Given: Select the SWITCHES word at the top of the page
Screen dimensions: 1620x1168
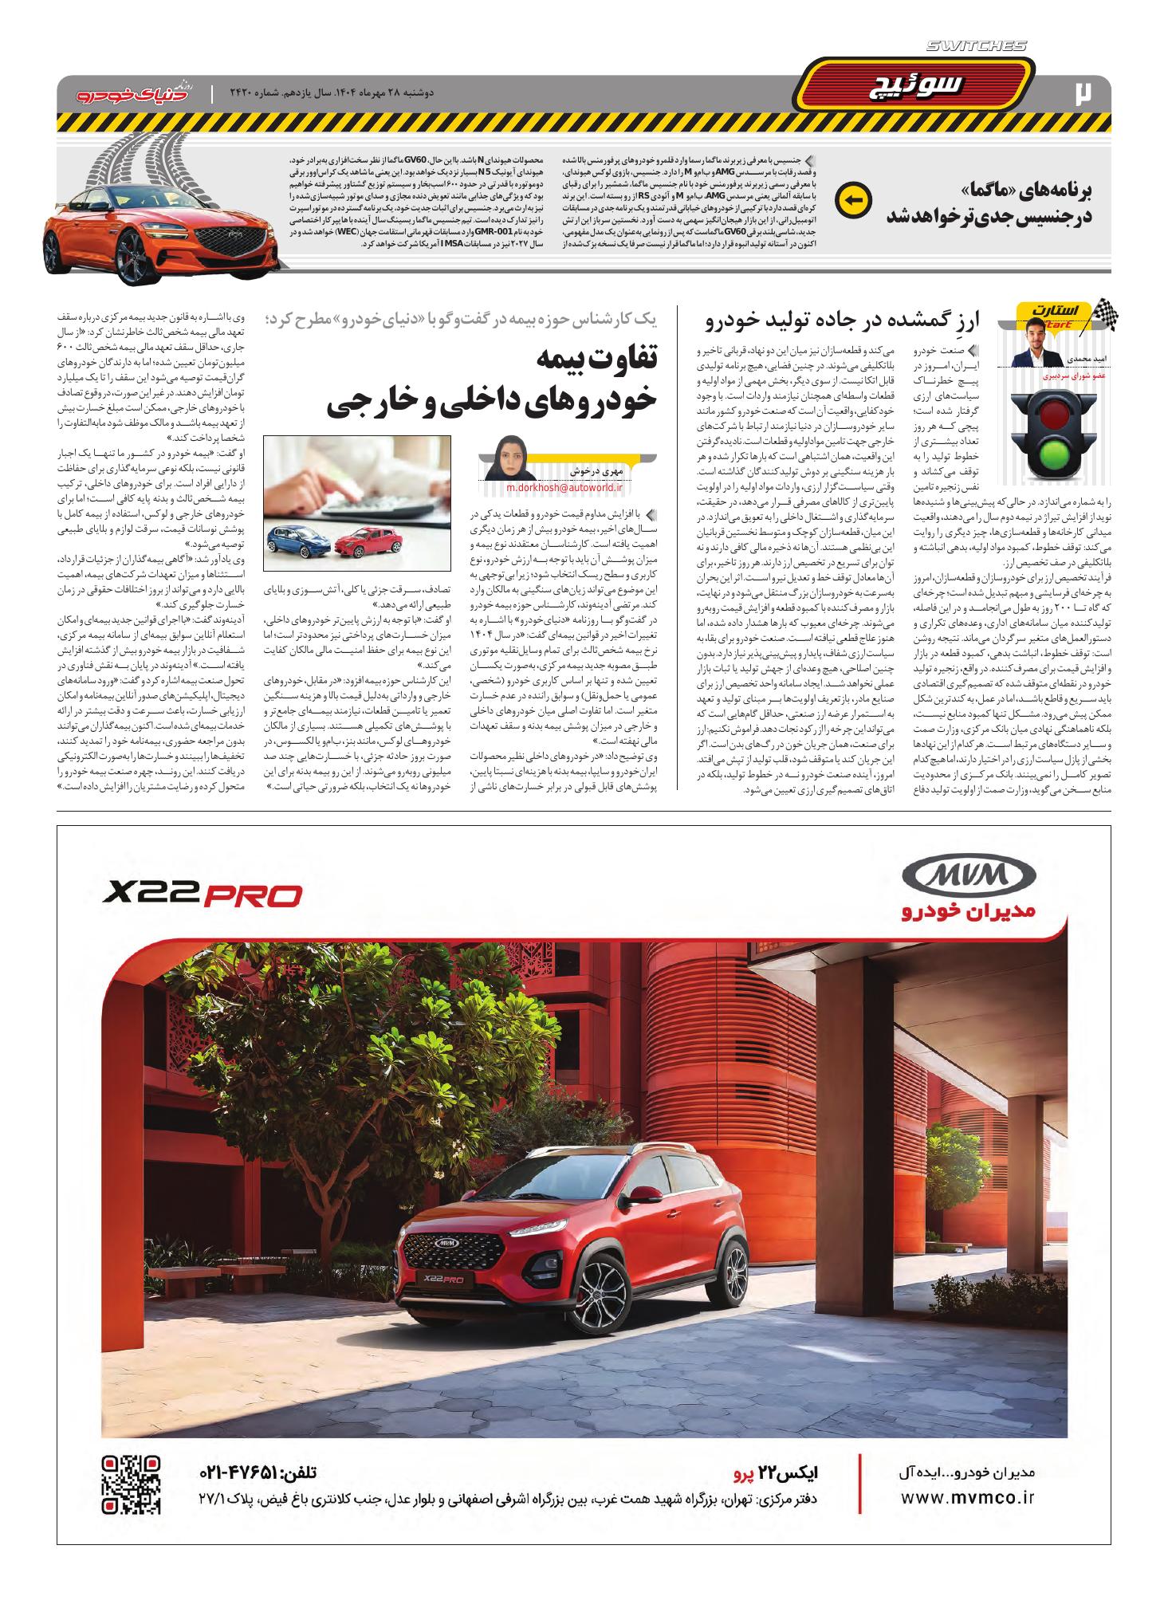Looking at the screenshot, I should point(976,47).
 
